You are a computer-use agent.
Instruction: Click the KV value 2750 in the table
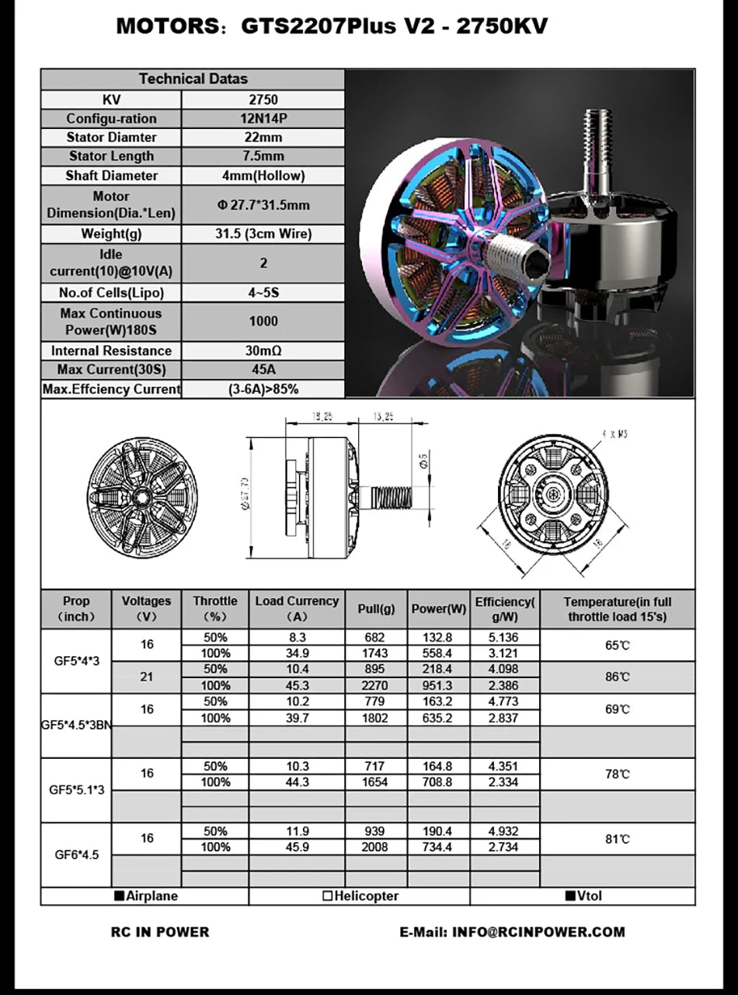pos(263,99)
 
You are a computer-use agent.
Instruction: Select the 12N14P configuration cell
pos(263,119)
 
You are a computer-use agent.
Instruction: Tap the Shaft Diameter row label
pos(111,176)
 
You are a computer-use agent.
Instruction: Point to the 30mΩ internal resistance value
pos(263,350)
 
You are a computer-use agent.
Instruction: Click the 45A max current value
pos(263,370)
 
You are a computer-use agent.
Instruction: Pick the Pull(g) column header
pos(375,609)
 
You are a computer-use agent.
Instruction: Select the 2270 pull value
pos(375,685)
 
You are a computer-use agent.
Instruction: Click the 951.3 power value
pos(437,685)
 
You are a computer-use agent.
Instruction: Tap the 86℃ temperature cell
pos(617,677)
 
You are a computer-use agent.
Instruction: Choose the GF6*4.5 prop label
pos(77,854)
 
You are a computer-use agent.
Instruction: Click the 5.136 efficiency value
pos(503,637)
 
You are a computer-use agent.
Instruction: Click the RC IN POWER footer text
pos(160,931)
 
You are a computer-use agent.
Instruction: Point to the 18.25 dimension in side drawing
pos(322,416)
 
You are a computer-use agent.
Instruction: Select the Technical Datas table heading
pos(193,78)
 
